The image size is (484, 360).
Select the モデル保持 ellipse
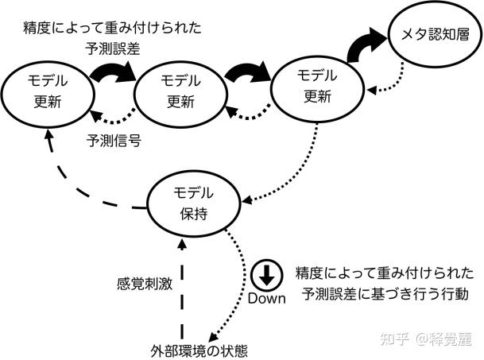[193, 206]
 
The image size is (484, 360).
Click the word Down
[267, 299]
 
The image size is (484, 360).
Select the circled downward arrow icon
[267, 275]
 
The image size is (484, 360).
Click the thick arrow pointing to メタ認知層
[367, 45]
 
